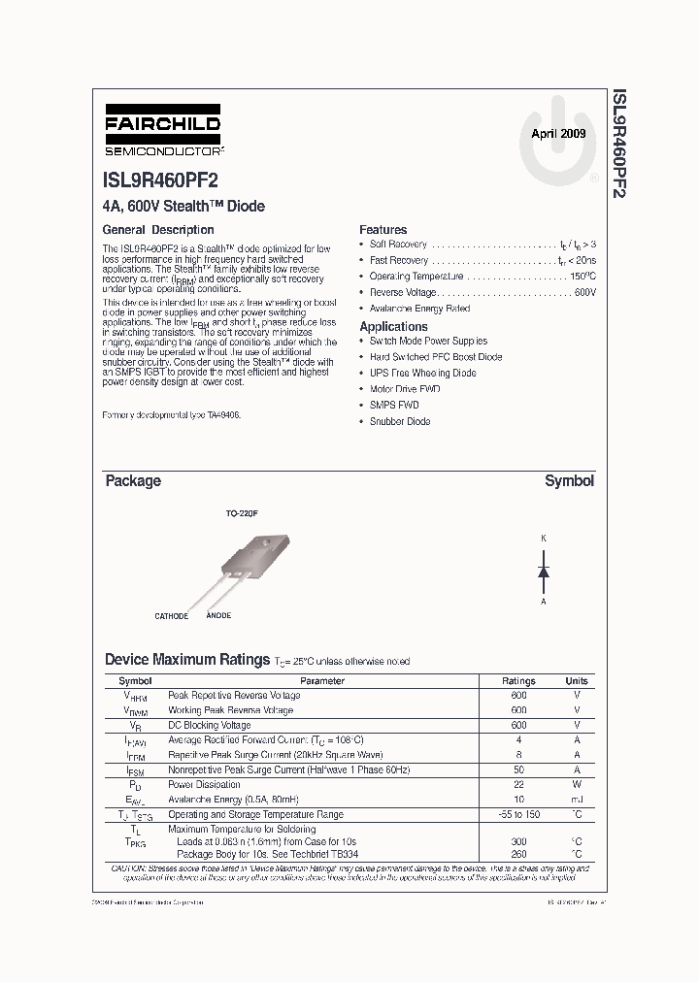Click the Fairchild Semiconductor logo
pyautogui.click(x=162, y=136)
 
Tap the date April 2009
pyautogui.click(x=558, y=135)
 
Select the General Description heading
pyautogui.click(x=158, y=230)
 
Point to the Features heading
pyautogui.click(x=383, y=230)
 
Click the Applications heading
pyautogui.click(x=393, y=327)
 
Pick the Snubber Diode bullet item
pyautogui.click(x=400, y=421)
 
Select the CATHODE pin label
pyautogui.click(x=172, y=616)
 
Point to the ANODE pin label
pyautogui.click(x=218, y=616)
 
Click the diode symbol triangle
pyautogui.click(x=544, y=572)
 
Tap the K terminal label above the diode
pyautogui.click(x=544, y=538)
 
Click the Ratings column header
pyautogui.click(x=518, y=681)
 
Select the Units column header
pyautogui.click(x=577, y=681)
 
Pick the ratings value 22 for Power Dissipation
pyautogui.click(x=518, y=785)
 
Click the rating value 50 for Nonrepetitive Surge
pyautogui.click(x=518, y=769)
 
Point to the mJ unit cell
pyautogui.click(x=577, y=800)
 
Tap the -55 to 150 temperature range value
pyautogui.click(x=518, y=815)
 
